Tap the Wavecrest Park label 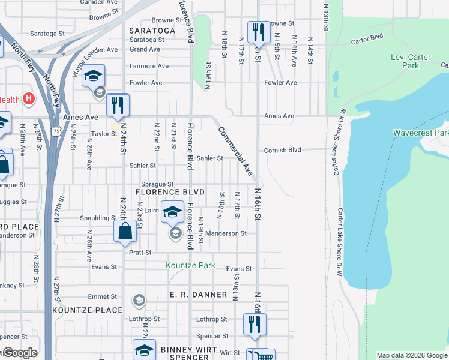[x=420, y=133]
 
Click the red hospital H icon [x=27, y=98]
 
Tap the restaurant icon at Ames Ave [x=118, y=105]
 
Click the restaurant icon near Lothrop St [x=255, y=324]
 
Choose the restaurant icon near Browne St [x=258, y=32]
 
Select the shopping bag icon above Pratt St [x=125, y=231]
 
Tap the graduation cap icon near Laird [x=172, y=211]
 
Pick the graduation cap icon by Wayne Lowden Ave [x=93, y=76]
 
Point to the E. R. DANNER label [x=198, y=295]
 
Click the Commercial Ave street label [x=235, y=151]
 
